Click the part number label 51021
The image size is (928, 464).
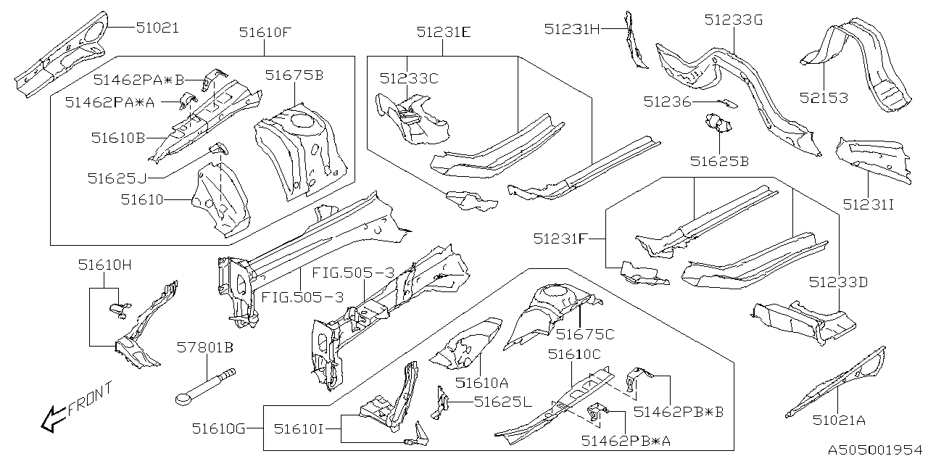pos(157,28)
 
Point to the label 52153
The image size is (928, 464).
pos(824,97)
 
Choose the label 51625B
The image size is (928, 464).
pos(719,161)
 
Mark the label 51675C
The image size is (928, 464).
pos(585,333)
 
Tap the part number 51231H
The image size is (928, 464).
pos(572,28)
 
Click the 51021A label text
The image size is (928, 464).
pos(838,420)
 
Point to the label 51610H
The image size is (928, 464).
pos(105,265)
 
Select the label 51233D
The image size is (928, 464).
pos(838,282)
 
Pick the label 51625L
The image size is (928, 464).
pos(502,401)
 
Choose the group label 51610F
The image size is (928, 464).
pos(265,32)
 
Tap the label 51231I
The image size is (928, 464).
pos(869,204)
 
